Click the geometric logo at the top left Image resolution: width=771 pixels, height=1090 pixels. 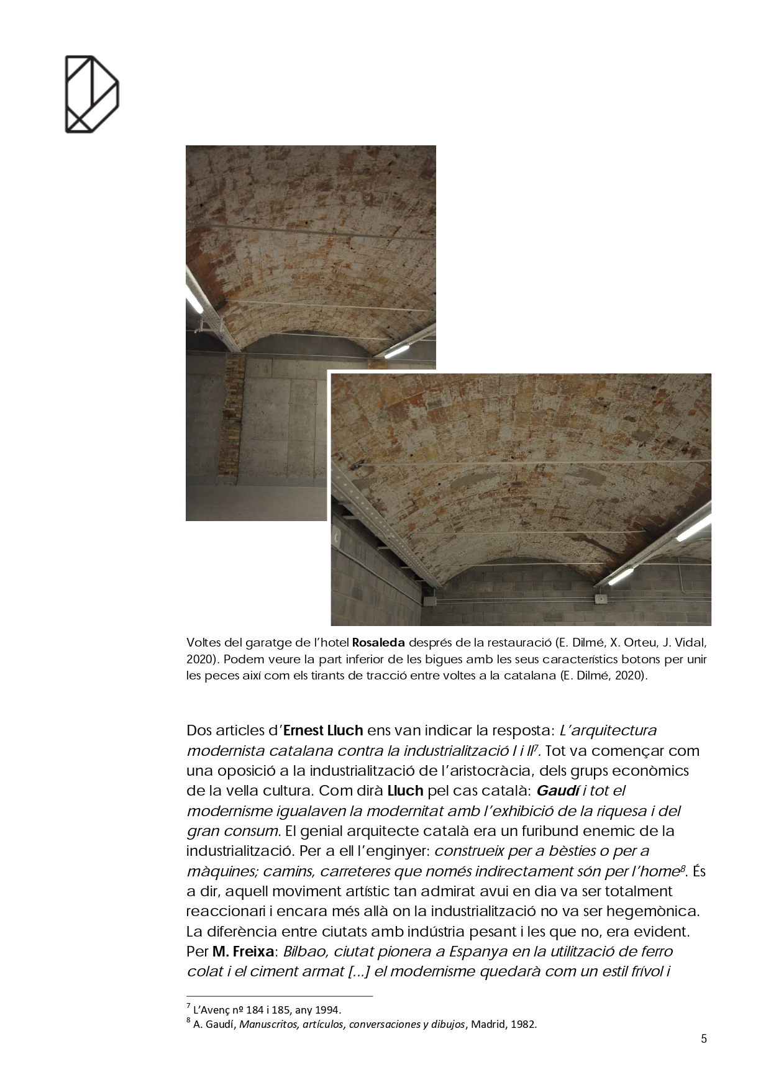point(91,94)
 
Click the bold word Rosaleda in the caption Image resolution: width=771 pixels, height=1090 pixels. point(378,642)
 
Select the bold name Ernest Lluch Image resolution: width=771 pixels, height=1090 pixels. point(323,730)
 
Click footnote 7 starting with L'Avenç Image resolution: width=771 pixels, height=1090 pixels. point(267,1010)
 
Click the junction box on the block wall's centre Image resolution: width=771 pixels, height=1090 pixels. point(600,599)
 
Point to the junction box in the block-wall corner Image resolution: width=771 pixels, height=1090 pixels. point(430,601)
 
